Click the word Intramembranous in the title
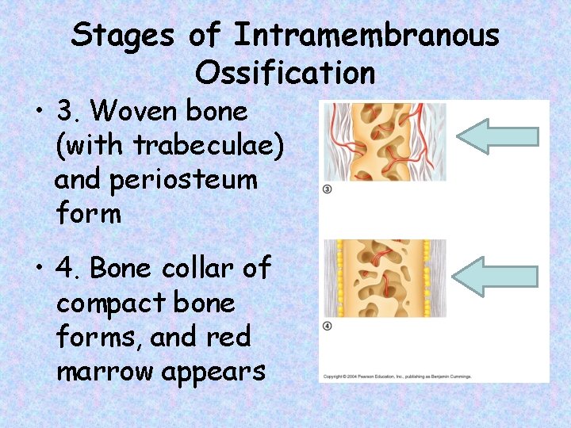367,36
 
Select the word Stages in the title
123,36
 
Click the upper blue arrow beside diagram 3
498,136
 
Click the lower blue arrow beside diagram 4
498,275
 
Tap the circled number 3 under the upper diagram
328,189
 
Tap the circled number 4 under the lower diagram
327,327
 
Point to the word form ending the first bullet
88,214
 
